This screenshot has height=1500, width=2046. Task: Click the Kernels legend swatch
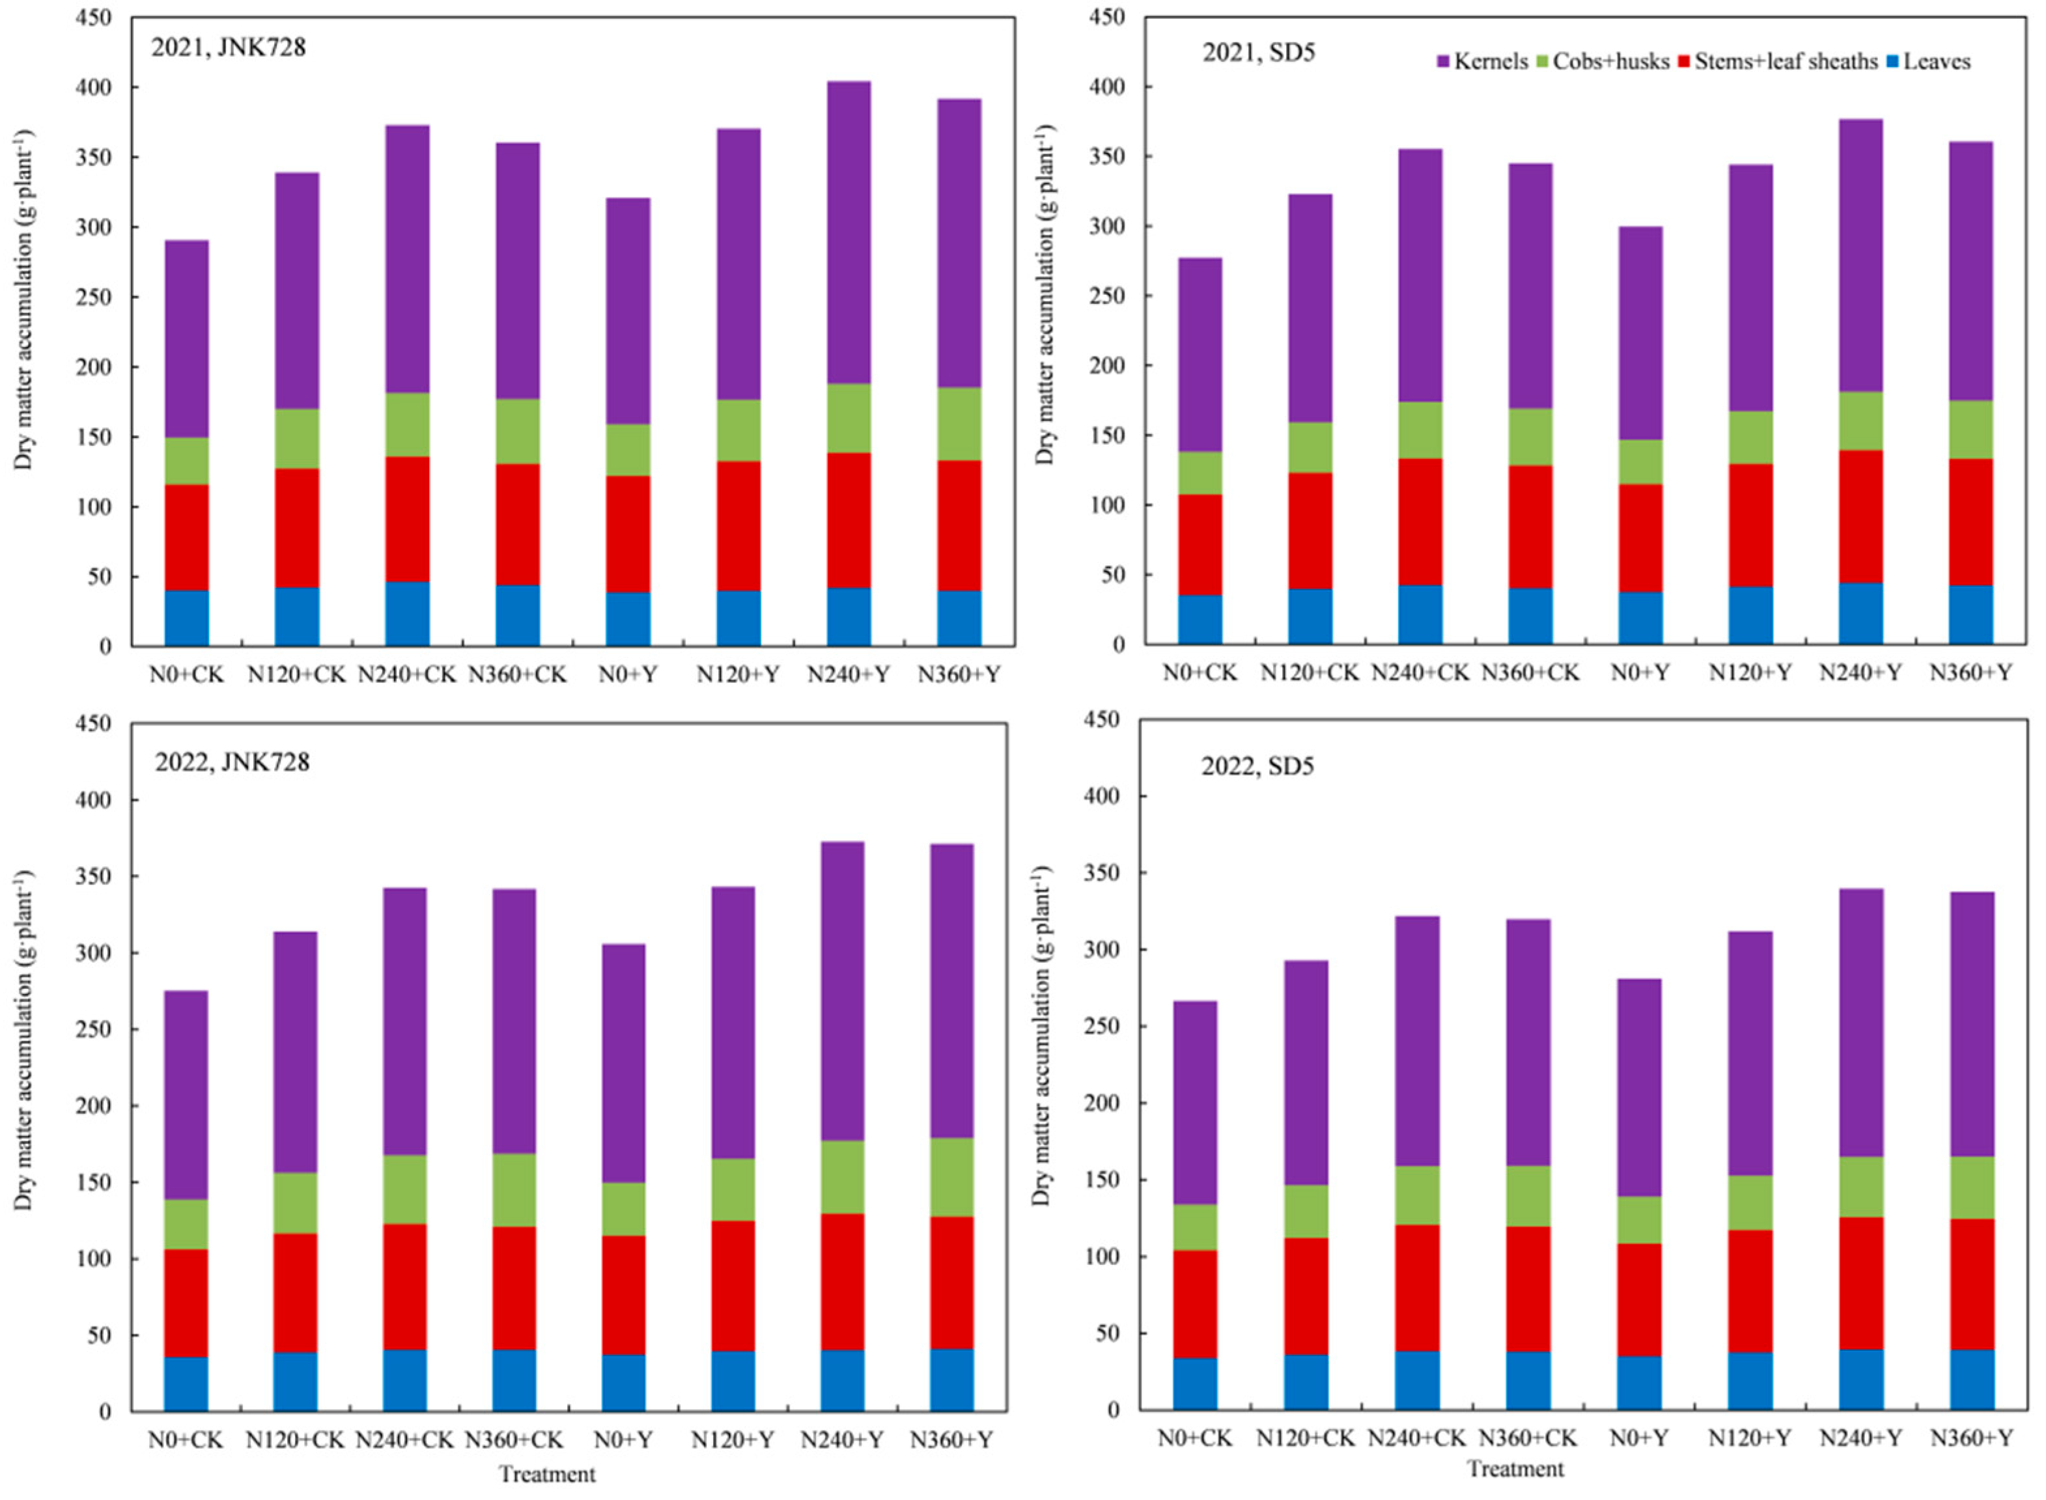tap(1443, 62)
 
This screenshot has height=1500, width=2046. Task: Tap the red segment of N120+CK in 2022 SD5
tap(1305, 1297)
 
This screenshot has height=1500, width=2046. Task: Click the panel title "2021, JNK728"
tap(228, 48)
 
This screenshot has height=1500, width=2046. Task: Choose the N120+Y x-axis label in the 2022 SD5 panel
tap(1750, 1438)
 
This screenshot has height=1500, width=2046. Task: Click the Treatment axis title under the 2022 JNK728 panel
tap(547, 1475)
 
